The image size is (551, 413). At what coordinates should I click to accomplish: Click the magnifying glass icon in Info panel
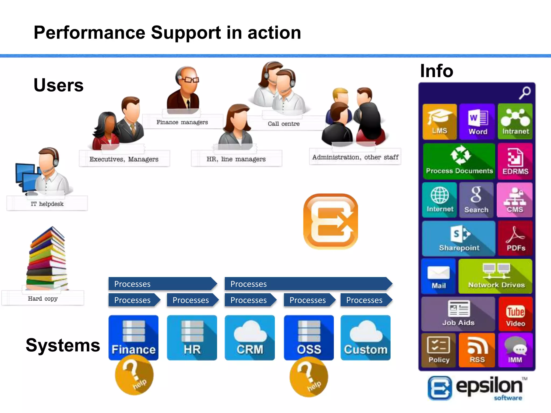tap(525, 92)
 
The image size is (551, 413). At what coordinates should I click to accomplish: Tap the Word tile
tap(477, 122)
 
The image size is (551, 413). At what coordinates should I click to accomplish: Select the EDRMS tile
tap(515, 161)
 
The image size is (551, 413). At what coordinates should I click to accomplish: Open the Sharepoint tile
tap(459, 239)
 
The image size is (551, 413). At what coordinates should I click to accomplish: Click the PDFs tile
tap(515, 239)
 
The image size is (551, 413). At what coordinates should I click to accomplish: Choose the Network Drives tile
tap(496, 276)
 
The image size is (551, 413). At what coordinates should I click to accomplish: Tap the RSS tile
tap(477, 350)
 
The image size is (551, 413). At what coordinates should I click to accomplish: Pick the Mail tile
tap(439, 276)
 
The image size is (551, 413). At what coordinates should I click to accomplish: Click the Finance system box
tap(133, 338)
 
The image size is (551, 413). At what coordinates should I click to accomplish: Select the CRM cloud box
tap(250, 338)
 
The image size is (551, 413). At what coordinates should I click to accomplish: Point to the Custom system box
tap(365, 338)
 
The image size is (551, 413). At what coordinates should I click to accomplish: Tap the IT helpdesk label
tap(47, 204)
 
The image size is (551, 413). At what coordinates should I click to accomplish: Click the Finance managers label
tap(182, 122)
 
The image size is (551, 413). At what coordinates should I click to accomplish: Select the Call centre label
tap(284, 124)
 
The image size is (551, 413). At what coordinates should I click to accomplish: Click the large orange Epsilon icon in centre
tap(331, 222)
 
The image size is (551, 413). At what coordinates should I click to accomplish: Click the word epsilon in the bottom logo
tap(489, 386)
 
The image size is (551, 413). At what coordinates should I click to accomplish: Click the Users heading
tap(58, 85)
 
